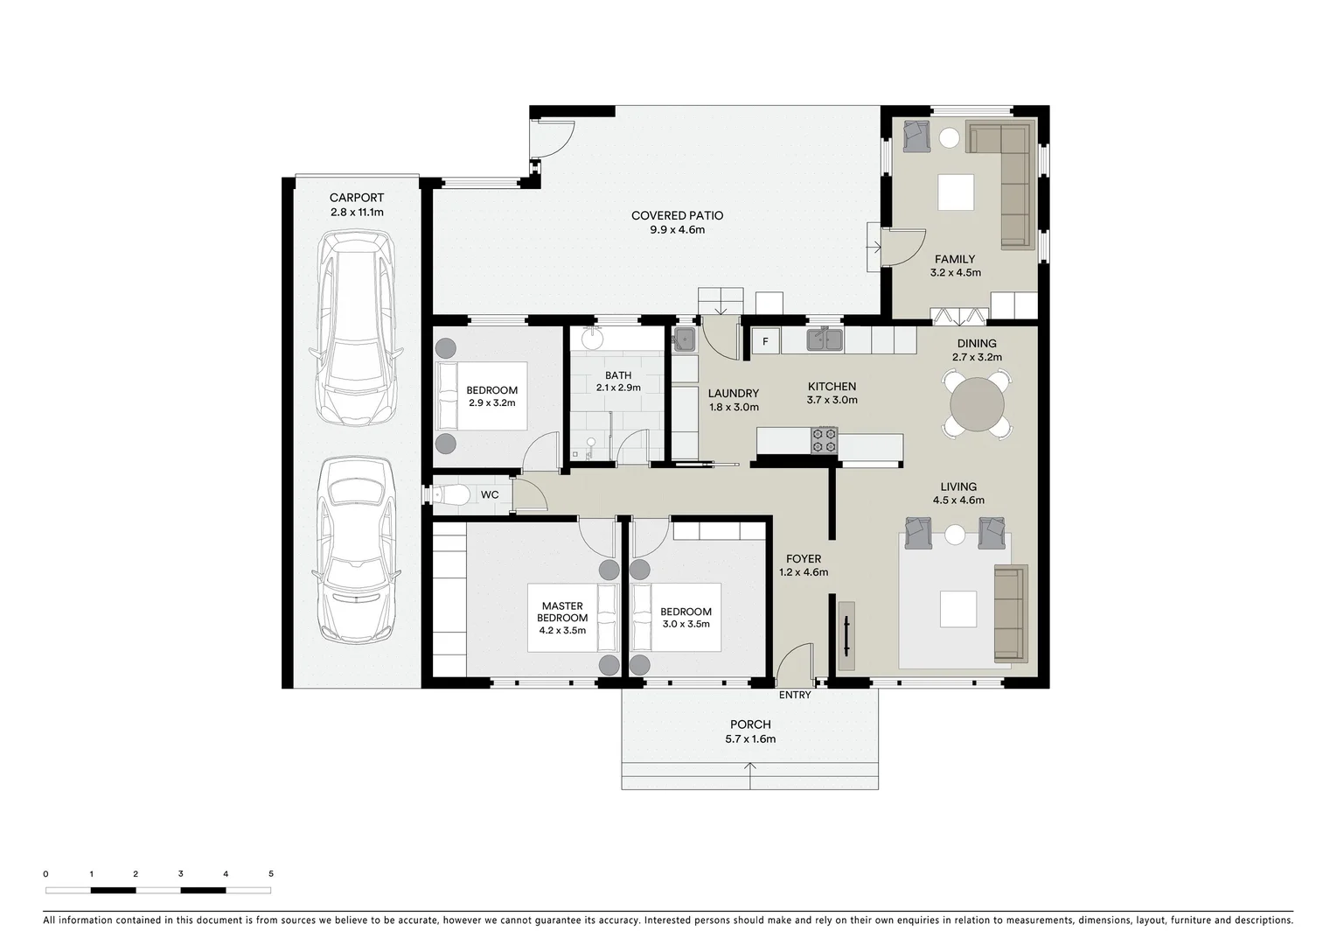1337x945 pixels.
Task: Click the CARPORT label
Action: point(356,198)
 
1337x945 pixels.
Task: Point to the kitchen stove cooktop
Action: point(825,440)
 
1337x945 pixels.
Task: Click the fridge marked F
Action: point(765,341)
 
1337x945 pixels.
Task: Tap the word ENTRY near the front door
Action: point(795,695)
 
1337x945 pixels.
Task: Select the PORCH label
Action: point(750,724)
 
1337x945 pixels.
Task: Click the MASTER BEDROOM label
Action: point(562,612)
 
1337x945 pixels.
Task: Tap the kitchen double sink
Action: point(824,339)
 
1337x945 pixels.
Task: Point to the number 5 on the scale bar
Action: point(271,873)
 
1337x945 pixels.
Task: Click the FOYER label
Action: point(803,559)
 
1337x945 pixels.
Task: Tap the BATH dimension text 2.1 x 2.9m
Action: point(618,388)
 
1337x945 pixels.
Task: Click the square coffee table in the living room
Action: point(957,609)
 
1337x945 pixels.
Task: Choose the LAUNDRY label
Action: point(733,394)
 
